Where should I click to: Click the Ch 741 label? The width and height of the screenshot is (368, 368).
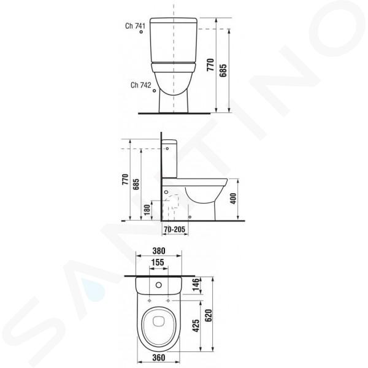(x=135, y=26)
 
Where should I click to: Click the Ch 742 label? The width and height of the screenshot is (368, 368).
(x=141, y=85)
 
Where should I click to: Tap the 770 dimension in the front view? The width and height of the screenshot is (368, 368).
(x=210, y=65)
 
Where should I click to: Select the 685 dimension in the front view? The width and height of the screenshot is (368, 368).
(x=223, y=71)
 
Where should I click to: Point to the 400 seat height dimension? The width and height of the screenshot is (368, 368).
(x=233, y=199)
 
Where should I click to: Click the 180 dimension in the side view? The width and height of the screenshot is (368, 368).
(x=147, y=210)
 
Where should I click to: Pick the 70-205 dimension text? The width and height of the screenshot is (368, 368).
(x=174, y=229)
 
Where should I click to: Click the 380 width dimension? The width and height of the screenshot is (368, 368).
(x=159, y=251)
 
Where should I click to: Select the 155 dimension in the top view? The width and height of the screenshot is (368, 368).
(x=158, y=263)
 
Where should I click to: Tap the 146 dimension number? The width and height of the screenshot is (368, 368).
(x=196, y=285)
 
